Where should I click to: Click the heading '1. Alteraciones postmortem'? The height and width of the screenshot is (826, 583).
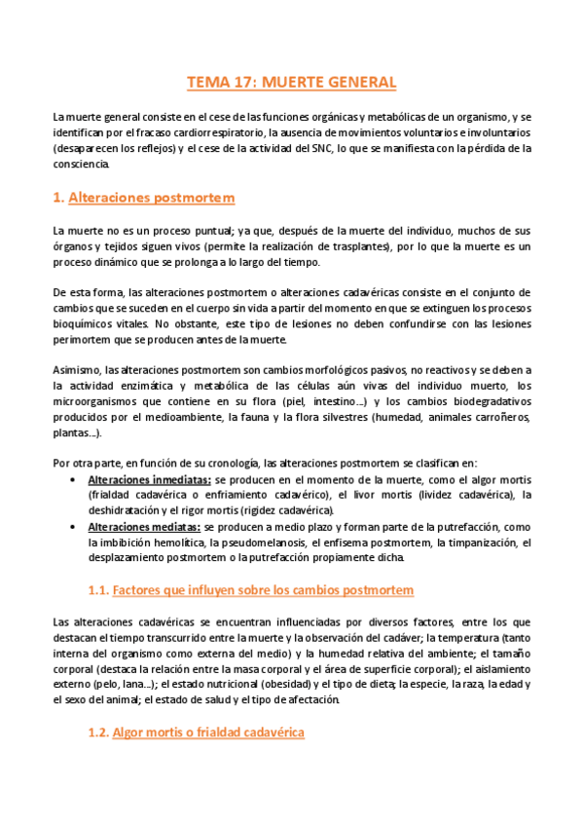144,198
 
